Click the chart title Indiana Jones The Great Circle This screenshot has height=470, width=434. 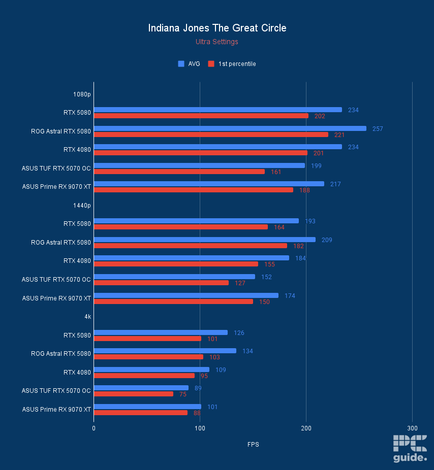tap(217, 28)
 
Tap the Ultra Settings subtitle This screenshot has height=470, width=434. tap(217, 42)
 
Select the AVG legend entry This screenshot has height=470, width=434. tap(189, 64)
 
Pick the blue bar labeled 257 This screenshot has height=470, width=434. tap(230, 128)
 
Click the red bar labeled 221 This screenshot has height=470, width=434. tap(211, 135)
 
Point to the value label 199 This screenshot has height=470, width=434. tap(316, 165)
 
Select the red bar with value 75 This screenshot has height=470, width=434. tap(133, 394)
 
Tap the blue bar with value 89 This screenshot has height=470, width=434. tap(141, 388)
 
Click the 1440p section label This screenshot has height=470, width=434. tap(82, 205)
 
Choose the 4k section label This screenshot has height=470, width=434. tap(87, 317)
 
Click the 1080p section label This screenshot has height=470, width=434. tap(82, 94)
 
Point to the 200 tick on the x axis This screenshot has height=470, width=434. tap(306, 428)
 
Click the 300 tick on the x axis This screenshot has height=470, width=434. tap(412, 428)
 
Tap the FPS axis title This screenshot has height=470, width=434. tap(253, 445)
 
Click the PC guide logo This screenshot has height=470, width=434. tap(410, 449)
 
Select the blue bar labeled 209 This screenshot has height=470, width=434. tap(204, 240)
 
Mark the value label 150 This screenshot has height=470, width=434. tap(264, 301)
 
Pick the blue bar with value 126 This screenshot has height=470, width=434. tap(161, 332)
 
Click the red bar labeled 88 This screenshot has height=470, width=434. tap(140, 413)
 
